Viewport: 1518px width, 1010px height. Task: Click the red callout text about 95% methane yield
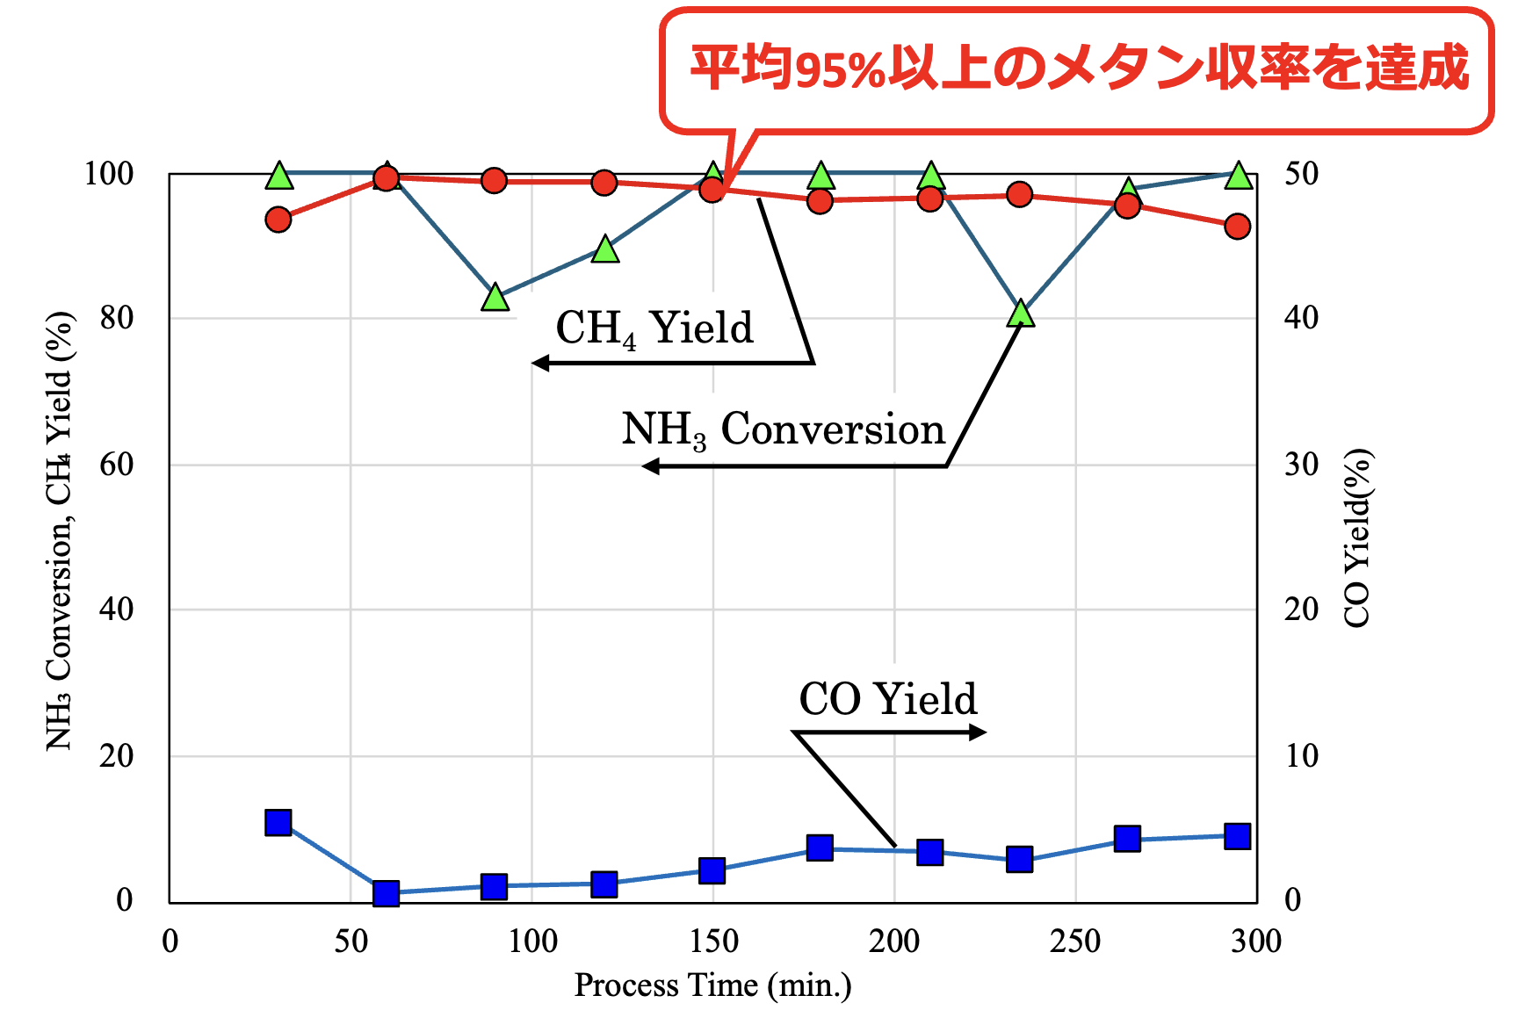pos(1079,68)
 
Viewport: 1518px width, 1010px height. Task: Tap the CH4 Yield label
pos(654,329)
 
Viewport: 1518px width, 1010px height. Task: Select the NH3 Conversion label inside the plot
pos(783,430)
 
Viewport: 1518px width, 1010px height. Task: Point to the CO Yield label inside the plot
pos(887,699)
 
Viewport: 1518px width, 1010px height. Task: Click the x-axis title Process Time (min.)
pos(712,985)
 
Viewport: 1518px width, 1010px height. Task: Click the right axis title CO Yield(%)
pos(1357,538)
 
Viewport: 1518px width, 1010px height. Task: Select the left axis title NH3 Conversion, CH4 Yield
pos(60,531)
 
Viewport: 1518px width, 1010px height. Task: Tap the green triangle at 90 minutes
pos(495,297)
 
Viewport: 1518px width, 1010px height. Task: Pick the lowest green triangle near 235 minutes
pos(1020,312)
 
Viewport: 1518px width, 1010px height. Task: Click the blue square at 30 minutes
pos(278,823)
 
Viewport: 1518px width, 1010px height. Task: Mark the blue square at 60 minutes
pos(386,893)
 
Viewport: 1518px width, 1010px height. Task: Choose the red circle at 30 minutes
pos(278,220)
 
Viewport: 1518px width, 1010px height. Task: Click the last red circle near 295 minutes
pos(1237,227)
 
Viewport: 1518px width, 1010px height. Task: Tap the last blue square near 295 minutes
pos(1237,836)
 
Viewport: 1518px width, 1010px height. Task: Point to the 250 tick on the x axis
pos(1075,941)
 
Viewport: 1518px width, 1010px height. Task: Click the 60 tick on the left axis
pos(117,465)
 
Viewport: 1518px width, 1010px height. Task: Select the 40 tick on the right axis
pos(1301,318)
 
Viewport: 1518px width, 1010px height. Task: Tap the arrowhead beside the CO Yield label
pos(978,732)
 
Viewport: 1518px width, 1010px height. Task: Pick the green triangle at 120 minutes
pos(605,249)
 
